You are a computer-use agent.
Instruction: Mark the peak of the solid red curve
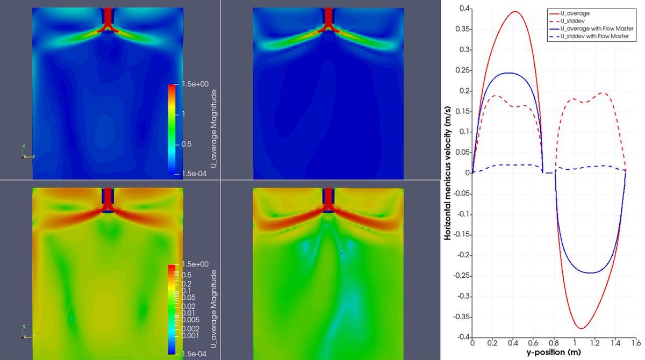514,12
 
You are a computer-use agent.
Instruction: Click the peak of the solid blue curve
507,73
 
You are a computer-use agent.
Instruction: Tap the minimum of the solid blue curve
590,273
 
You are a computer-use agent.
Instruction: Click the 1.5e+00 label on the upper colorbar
189,85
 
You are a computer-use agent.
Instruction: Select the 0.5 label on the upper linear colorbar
187,144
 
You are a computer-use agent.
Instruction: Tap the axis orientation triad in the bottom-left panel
25,332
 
